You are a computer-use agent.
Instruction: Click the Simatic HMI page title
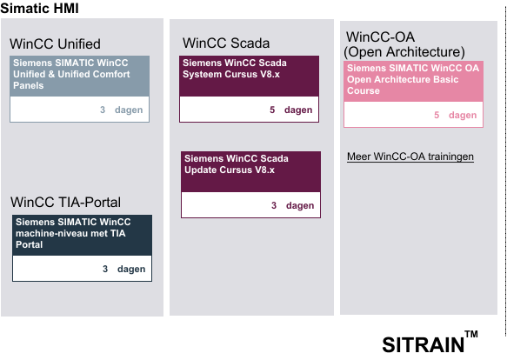tap(39, 8)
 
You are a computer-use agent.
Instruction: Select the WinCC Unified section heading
tap(55, 44)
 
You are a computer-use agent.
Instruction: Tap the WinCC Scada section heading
tap(226, 43)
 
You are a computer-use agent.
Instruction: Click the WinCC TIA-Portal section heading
tap(65, 202)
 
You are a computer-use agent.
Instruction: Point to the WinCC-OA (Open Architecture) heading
tap(404, 44)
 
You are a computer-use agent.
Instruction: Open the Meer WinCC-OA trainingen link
tap(410, 157)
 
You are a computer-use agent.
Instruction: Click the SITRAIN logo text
tap(424, 345)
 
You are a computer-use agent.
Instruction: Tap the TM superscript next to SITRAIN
tap(471, 334)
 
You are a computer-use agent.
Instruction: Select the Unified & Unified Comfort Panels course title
tap(71, 74)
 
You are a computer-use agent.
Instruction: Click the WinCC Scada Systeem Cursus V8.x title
tap(235, 68)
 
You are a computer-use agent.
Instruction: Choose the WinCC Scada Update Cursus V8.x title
tap(237, 164)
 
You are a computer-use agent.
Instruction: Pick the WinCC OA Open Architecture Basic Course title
tap(413, 79)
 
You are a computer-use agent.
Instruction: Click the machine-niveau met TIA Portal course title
tap(73, 233)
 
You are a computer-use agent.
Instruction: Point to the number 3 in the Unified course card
tap(103, 110)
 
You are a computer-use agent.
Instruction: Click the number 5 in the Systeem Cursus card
tap(272, 110)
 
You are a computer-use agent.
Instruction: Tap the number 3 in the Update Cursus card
tap(274, 205)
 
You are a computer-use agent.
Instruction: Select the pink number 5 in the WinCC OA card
tap(437, 115)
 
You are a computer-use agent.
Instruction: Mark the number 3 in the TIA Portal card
tap(105, 269)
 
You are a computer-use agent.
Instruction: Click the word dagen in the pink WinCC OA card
tap(463, 115)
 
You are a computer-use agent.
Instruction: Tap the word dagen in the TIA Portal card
tap(131, 269)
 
